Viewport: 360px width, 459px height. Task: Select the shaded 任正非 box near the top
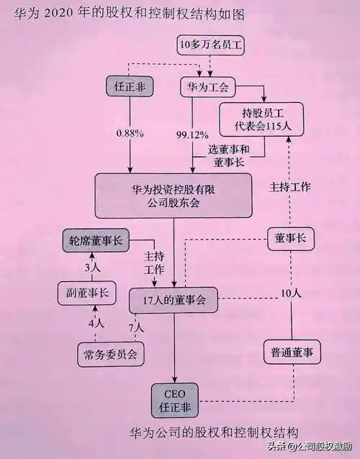[x=130, y=86]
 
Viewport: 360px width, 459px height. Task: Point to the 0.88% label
[x=130, y=134]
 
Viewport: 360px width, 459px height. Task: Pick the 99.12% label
[x=192, y=134]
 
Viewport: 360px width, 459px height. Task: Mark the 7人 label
[x=136, y=327]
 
